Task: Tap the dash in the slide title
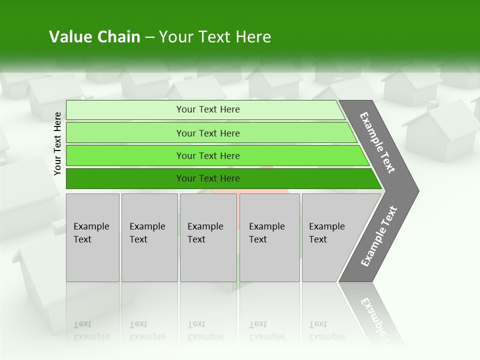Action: tap(149, 37)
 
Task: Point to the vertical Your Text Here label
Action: tap(57, 143)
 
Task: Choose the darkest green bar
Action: tap(125, 178)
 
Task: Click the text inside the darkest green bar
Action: tap(208, 178)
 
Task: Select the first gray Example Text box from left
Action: tap(92, 237)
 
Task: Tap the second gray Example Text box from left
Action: tap(149, 237)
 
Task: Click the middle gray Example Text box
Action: tap(208, 237)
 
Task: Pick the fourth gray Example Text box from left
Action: tap(269, 237)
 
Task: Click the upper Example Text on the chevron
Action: tap(377, 142)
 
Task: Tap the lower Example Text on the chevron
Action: tap(379, 236)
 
